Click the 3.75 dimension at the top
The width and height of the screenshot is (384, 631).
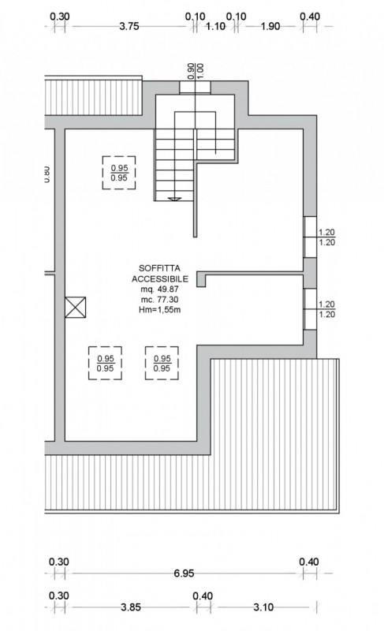[129, 27]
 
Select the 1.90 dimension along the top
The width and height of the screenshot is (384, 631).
[270, 27]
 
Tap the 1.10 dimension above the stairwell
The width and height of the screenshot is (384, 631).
[215, 27]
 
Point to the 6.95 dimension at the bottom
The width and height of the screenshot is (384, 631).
[184, 573]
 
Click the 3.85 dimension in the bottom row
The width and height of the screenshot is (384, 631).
[131, 607]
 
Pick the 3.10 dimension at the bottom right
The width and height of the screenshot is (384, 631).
[263, 607]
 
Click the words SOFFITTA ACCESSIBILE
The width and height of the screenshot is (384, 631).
[159, 274]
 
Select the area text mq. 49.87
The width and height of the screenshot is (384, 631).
[159, 289]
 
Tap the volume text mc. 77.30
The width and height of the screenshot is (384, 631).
[159, 300]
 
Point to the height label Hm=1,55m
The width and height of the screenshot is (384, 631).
[159, 309]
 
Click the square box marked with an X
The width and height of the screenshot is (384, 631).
[75, 307]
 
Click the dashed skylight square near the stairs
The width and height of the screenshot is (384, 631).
[118, 173]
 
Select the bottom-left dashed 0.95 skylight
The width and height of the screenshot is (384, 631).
[106, 363]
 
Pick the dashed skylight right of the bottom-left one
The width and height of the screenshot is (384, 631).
[162, 363]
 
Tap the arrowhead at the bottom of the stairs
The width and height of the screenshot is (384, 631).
[174, 199]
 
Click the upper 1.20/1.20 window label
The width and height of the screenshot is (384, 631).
[326, 237]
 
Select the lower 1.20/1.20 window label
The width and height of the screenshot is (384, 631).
[326, 309]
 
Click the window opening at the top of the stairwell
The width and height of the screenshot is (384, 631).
[195, 88]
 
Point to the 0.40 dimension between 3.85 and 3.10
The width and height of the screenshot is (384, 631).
[203, 596]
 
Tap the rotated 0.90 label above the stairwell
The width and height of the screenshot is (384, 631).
[191, 70]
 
